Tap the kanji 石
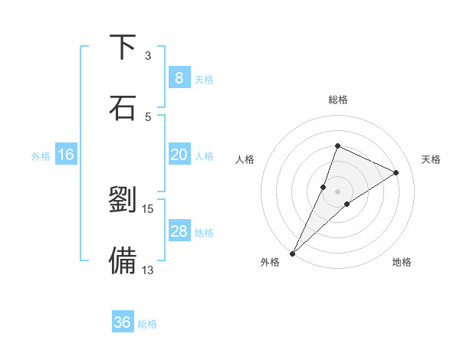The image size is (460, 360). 123,107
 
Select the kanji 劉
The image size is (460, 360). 123,199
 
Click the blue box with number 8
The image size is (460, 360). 179,78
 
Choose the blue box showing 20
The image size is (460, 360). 179,155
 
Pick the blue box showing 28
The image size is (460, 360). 179,231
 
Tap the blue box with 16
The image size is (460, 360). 65,155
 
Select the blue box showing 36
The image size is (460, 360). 122,322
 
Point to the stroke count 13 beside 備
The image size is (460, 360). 147,269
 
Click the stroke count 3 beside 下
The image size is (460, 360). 148,55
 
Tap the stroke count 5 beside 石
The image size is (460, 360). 148,116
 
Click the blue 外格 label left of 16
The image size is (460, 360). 41,155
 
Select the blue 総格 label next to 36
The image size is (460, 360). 147,324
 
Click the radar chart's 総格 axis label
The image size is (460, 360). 337,100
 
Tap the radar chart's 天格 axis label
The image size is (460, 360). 431,159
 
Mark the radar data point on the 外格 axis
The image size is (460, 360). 293,253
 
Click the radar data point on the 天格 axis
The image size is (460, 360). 396,172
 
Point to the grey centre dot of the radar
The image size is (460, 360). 337,191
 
